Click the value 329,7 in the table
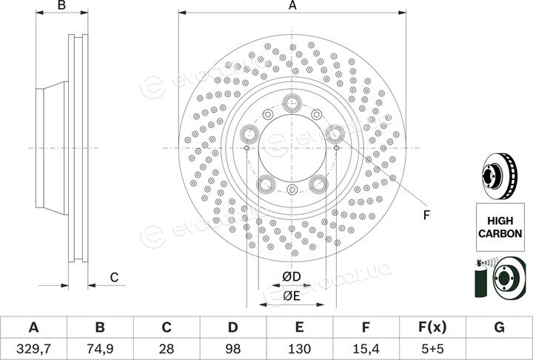[33, 348]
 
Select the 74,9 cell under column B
[100, 348]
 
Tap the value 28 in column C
[167, 348]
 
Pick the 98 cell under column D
[233, 348]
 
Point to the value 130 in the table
[299, 348]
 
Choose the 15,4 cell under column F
[366, 348]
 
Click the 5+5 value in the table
[432, 348]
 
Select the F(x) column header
[432, 327]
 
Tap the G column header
[499, 327]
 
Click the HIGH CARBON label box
[500, 227]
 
